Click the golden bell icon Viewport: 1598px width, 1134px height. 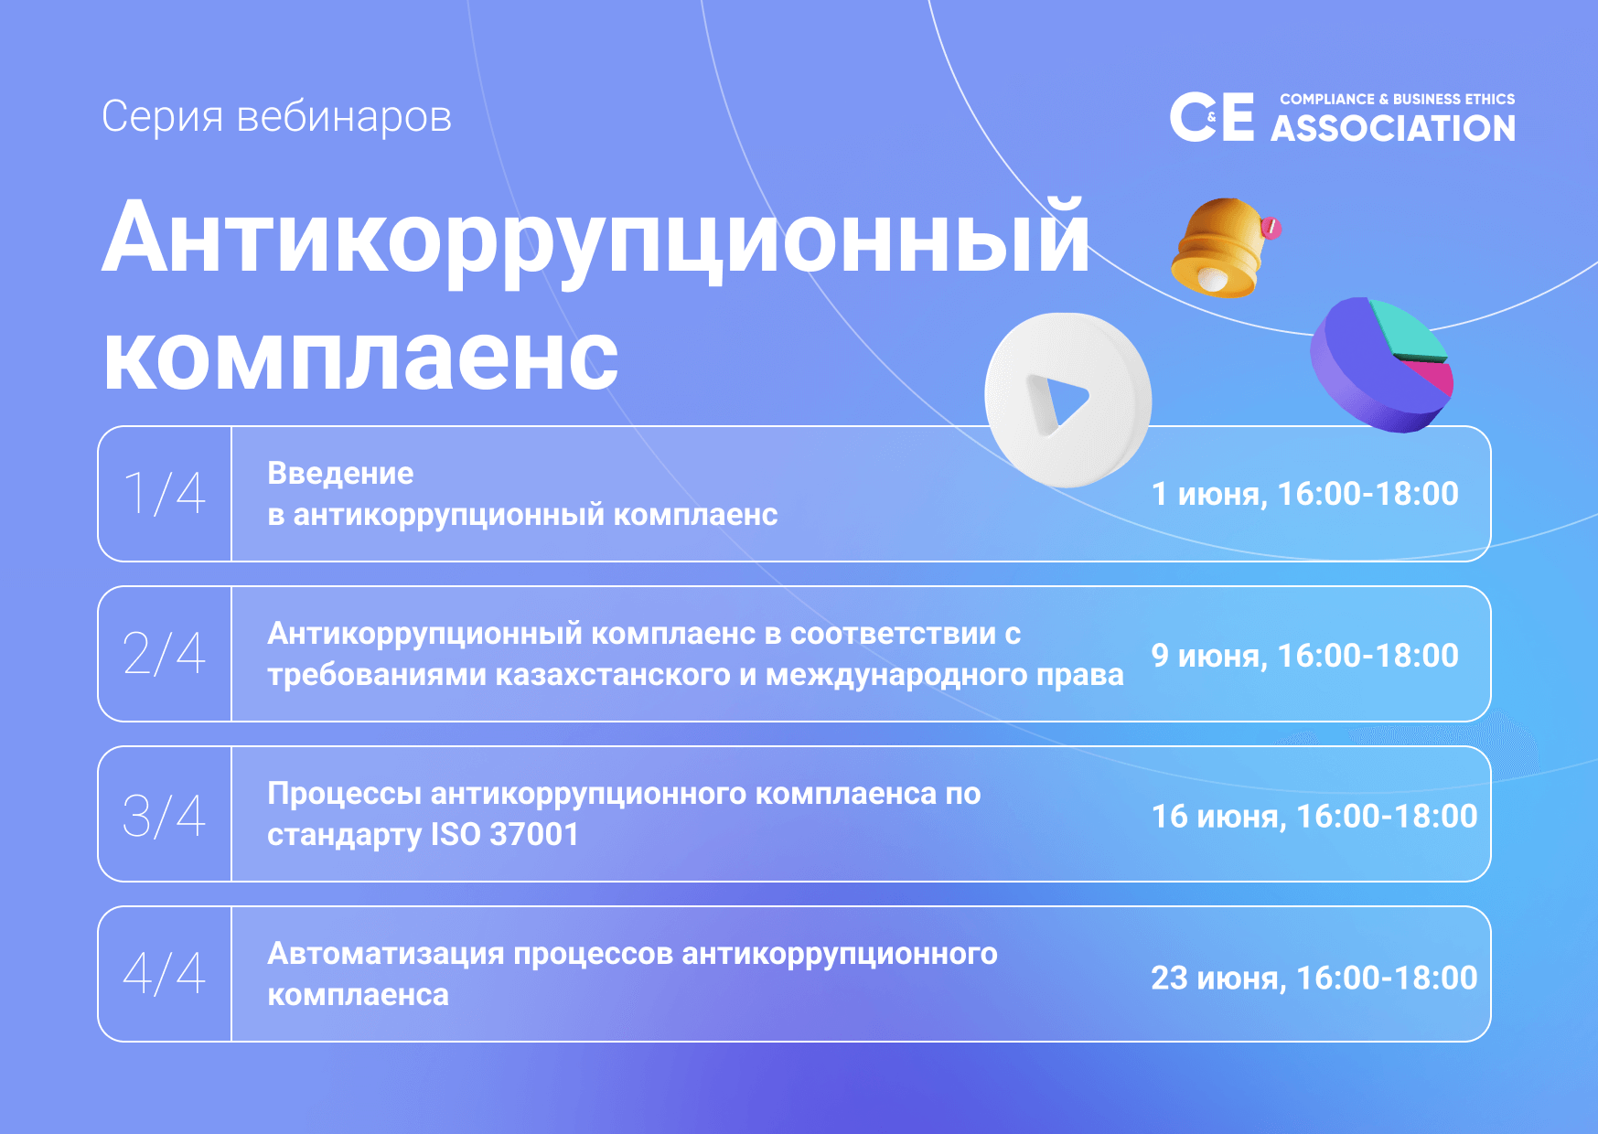1222,248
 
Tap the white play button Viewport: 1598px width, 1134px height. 1067,400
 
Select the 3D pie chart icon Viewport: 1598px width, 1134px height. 1381,365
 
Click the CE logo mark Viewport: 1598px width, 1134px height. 1212,117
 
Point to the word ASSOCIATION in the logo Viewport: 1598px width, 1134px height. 1393,128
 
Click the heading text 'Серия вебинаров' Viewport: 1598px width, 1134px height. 276,117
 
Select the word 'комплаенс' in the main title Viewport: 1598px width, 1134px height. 360,358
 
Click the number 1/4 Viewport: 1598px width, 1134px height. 165,494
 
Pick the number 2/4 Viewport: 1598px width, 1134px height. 165,654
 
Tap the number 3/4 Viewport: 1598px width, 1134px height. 165,815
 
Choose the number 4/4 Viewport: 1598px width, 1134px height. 165,973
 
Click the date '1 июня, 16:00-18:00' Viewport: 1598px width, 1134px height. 1304,494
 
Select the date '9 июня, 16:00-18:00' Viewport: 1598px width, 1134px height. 1304,656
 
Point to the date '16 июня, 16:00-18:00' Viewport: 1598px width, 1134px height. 1314,816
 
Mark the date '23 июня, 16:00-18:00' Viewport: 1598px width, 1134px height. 1314,978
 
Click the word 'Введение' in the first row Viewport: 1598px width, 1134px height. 340,474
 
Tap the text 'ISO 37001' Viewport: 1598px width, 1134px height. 505,834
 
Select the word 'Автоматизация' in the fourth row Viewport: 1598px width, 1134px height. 386,954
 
